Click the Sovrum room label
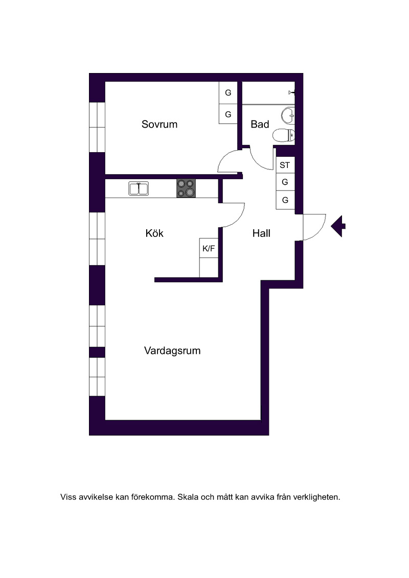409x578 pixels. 160,124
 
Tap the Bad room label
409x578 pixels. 260,124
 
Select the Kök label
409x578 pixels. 154,233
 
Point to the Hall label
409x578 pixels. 261,233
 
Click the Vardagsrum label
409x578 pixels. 172,351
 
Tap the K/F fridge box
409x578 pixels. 209,248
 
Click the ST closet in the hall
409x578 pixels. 285,165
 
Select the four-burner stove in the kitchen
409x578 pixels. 186,188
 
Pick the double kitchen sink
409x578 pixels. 139,188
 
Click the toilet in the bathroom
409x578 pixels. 284,135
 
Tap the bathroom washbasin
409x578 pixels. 288,116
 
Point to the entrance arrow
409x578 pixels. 338,226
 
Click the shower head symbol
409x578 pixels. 291,92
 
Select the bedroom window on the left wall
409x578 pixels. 97,127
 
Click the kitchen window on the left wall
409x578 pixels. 97,238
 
